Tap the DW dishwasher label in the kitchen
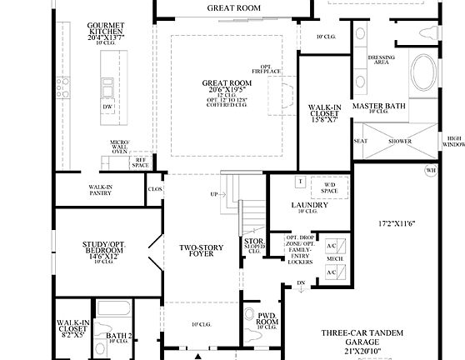107,107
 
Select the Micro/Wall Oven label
120,147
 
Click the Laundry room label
308,205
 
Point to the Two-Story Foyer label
202,252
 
